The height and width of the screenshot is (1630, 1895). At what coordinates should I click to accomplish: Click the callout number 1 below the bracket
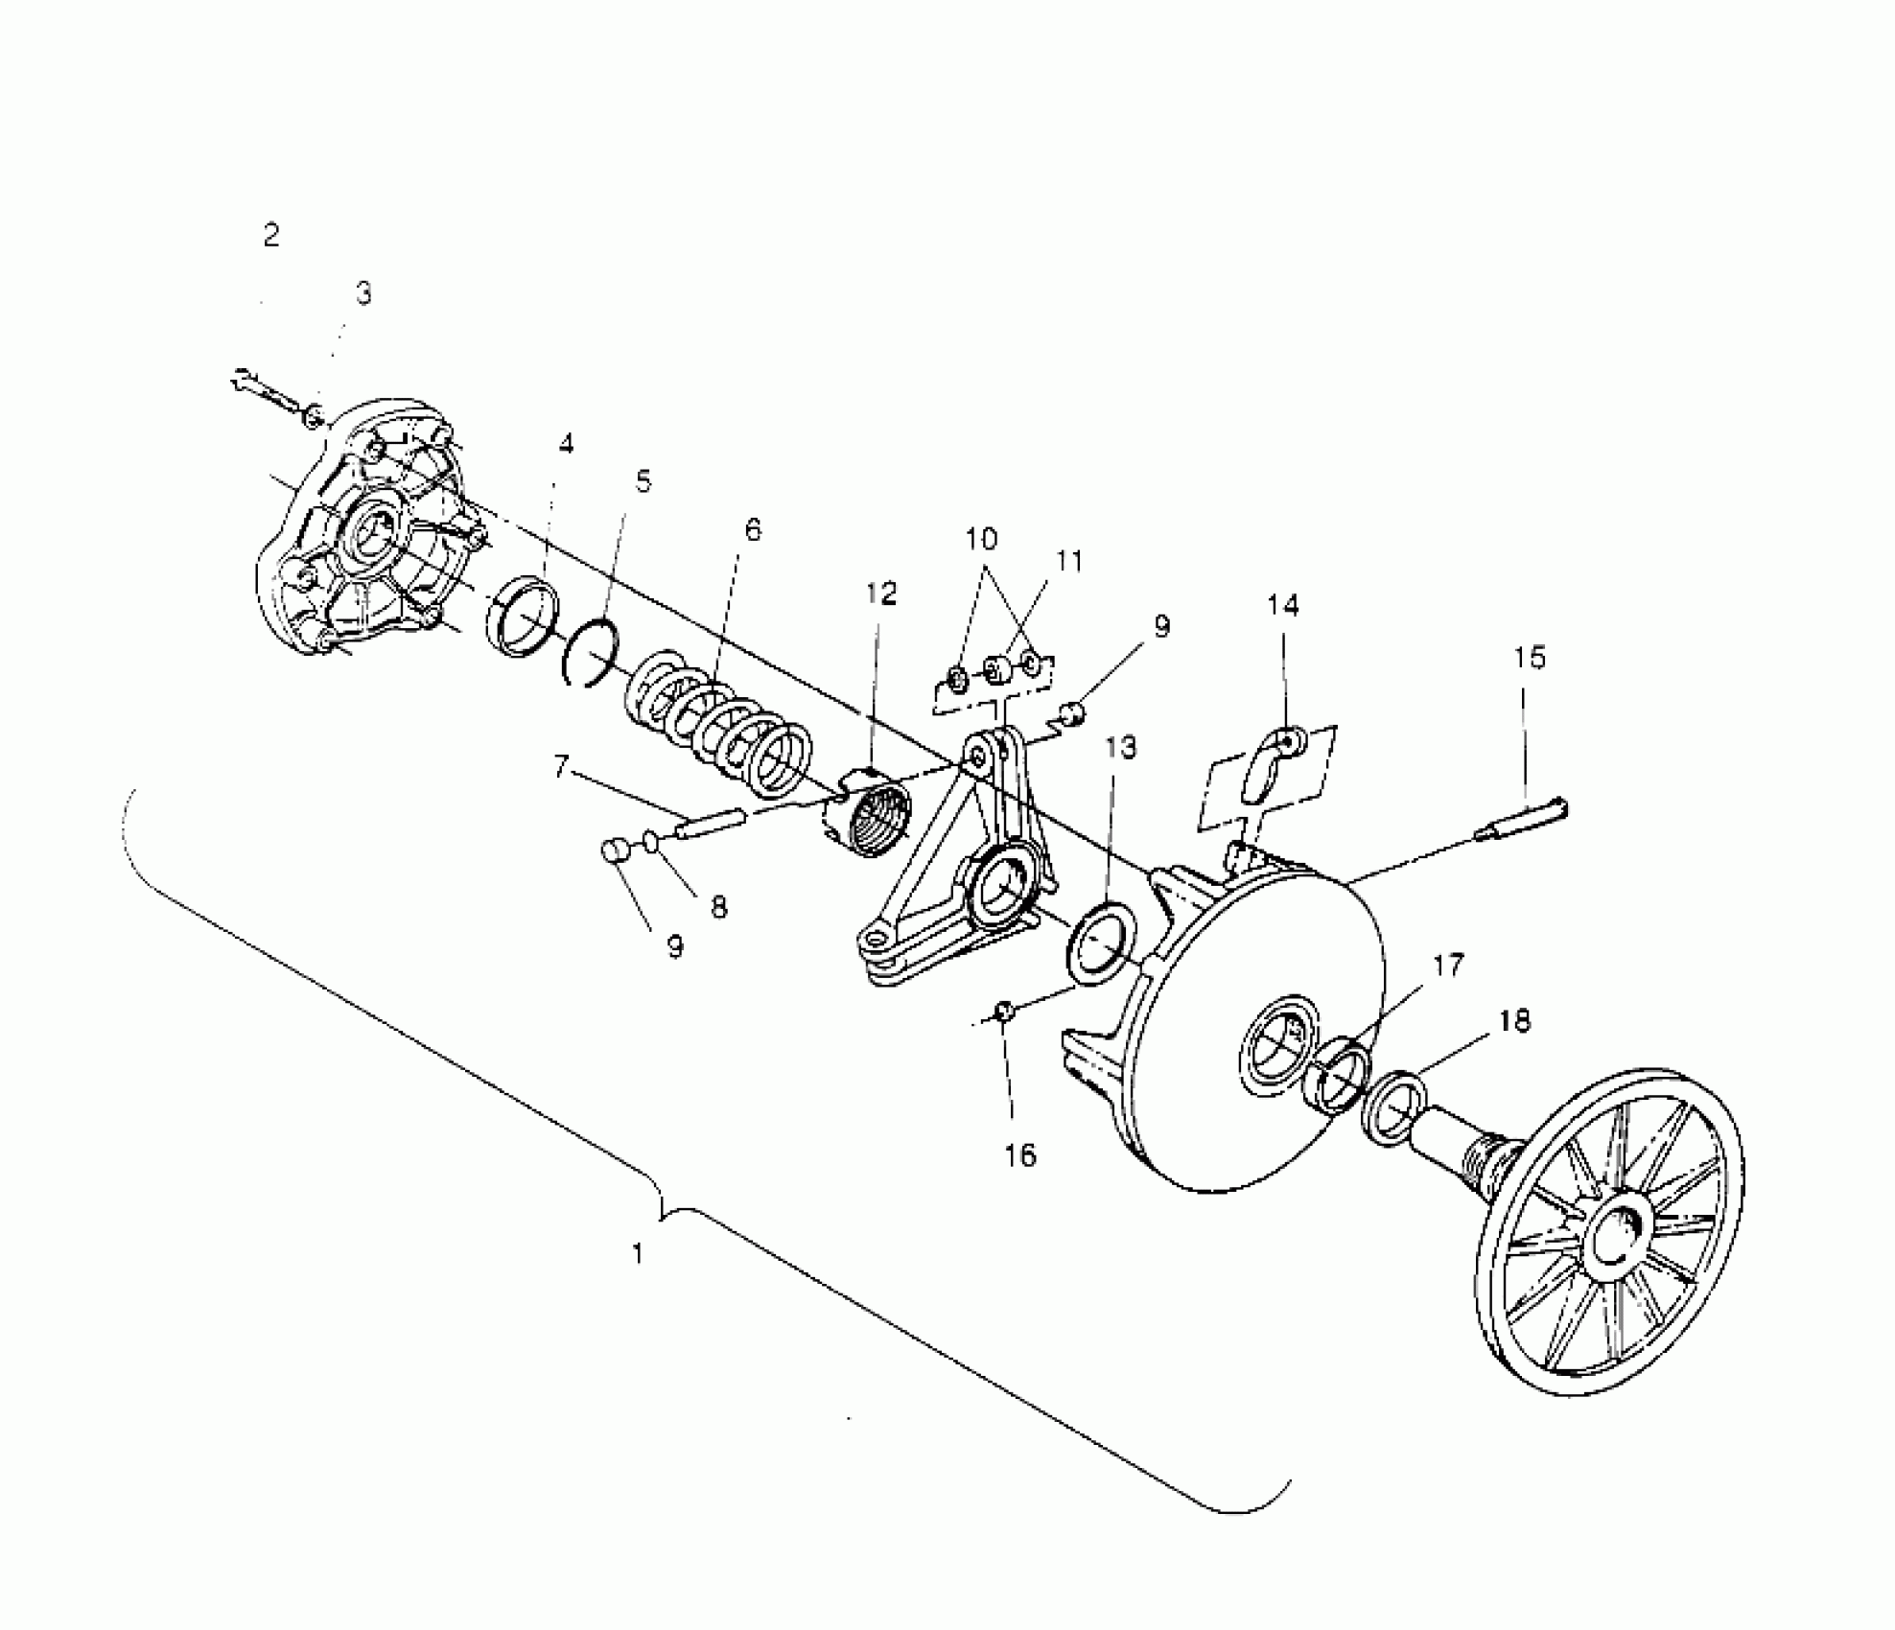639,1253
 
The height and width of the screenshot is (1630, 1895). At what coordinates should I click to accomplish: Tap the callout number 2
271,235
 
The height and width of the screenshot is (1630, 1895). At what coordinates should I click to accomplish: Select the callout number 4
567,444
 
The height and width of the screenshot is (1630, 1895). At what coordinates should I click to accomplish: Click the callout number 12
880,594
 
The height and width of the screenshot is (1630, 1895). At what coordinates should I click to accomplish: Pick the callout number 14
1283,605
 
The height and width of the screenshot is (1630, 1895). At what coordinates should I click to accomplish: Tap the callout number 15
1530,658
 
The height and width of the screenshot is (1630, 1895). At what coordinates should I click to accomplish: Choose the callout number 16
1020,1155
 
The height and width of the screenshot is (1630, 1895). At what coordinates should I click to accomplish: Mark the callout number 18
1514,1022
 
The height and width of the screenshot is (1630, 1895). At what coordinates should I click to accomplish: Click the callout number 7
562,765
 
